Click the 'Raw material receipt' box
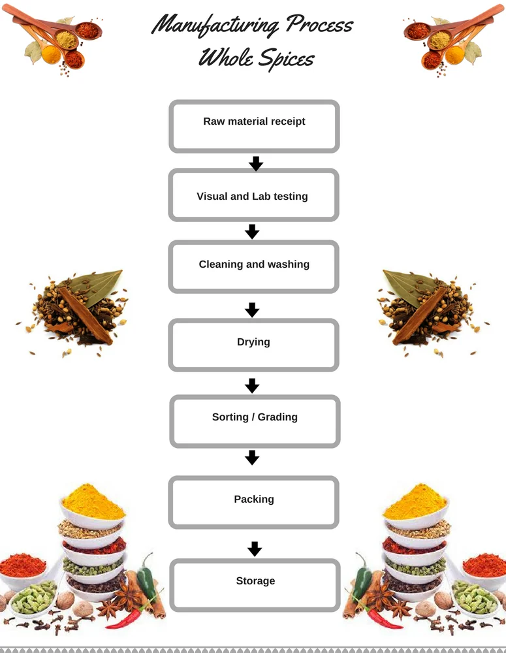pos(254,127)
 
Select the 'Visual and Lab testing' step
pos(253,195)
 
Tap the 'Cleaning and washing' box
pos(253,266)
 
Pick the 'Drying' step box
pos(253,345)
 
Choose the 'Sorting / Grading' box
pos(255,421)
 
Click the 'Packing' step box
pos(253,502)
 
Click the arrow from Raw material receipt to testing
pos(256,163)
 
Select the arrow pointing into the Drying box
pos(252,309)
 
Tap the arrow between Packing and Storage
pos(255,549)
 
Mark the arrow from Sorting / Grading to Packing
pos(252,457)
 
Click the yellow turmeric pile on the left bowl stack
pos(93,501)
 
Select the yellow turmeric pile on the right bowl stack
pos(415,501)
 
